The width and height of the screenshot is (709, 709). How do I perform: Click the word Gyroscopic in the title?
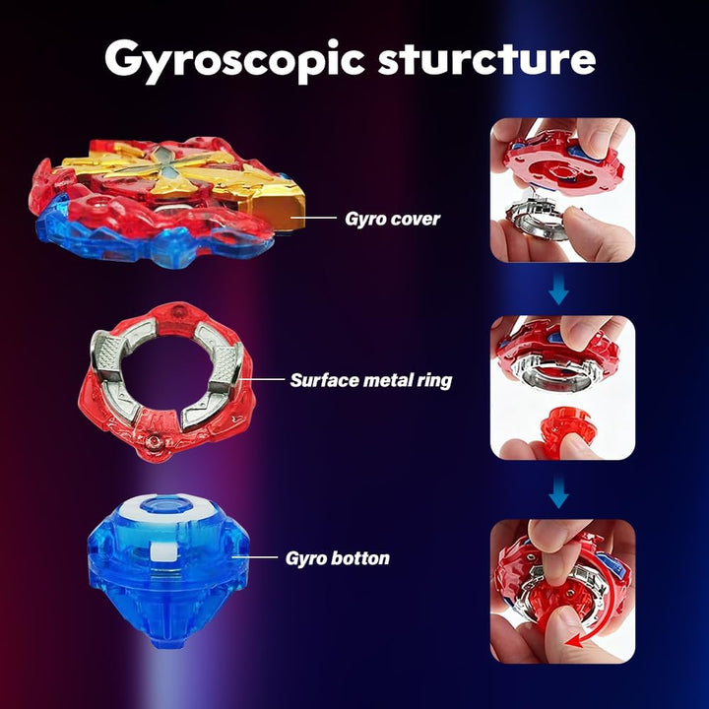pyautogui.click(x=234, y=61)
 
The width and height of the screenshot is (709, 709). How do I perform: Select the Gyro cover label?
pyautogui.click(x=392, y=219)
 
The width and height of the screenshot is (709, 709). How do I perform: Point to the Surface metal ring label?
pyautogui.click(x=371, y=380)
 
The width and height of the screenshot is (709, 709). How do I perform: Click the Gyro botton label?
pyautogui.click(x=338, y=558)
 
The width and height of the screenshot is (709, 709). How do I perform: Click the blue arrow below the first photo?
pyautogui.click(x=558, y=289)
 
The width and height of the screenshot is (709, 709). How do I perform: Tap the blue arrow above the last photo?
pyautogui.click(x=558, y=492)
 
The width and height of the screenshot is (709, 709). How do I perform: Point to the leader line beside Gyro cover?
pyautogui.click(x=313, y=218)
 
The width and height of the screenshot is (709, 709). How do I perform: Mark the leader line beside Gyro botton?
pyautogui.click(x=255, y=557)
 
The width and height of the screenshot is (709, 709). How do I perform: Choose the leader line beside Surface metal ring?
pyautogui.click(x=264, y=379)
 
